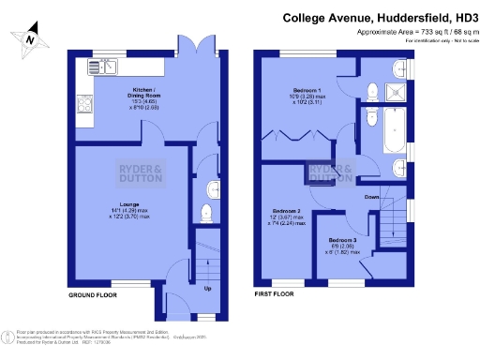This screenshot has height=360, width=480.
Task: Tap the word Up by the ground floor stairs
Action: point(207,288)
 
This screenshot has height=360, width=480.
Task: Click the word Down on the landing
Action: point(372,198)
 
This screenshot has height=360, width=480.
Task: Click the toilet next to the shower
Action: point(372,90)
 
